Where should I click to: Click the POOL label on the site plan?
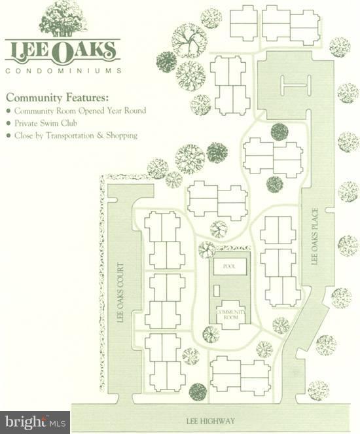tap(228, 267)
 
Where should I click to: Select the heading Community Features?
tap(57, 97)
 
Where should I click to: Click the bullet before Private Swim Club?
tap(8, 124)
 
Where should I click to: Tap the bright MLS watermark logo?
tap(35, 422)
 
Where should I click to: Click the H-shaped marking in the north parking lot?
tap(293, 86)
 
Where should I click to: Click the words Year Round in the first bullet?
tap(126, 111)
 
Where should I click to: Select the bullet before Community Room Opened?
tap(8, 111)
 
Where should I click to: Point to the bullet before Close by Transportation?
tap(8, 136)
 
